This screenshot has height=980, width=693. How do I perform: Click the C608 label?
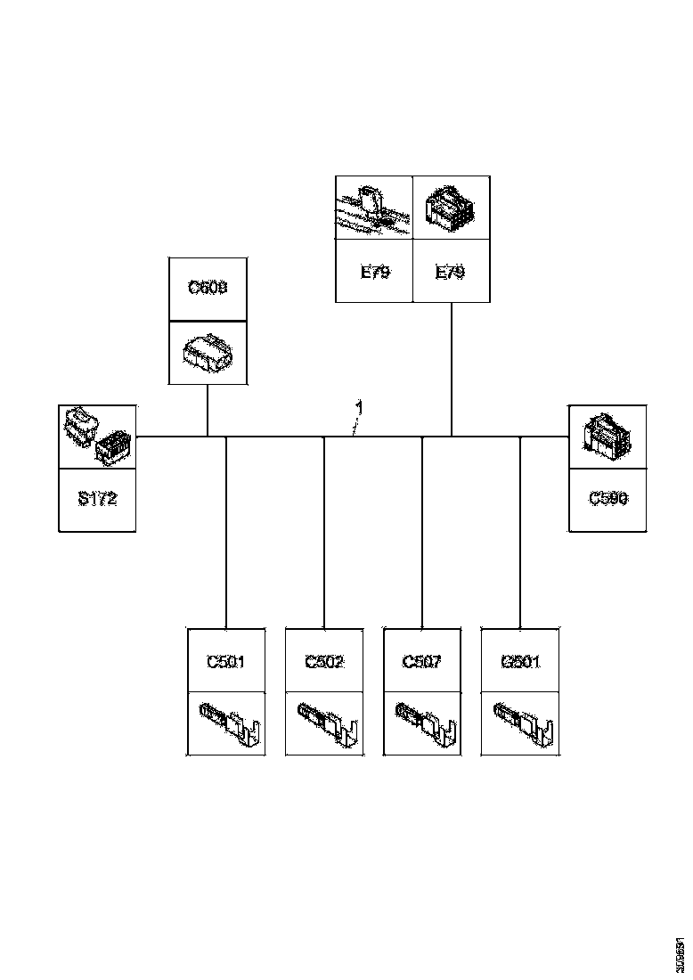pos(207,289)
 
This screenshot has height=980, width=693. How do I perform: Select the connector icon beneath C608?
pos(207,354)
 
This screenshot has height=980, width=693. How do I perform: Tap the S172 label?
pos(97,499)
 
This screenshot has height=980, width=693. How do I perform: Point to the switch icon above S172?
pos(97,437)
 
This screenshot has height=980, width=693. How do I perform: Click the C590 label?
pos(607,499)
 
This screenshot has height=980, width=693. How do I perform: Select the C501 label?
pos(225,661)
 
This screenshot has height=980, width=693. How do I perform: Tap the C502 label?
pos(323,661)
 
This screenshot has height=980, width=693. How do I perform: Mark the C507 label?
pos(421,661)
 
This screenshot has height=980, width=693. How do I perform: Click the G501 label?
pos(520,661)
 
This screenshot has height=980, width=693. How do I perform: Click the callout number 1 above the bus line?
pos(358,407)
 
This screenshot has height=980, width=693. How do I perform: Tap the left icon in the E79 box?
pos(373,208)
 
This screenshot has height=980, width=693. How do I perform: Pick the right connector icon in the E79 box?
pos(451,208)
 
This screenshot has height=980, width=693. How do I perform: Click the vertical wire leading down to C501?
pos(226,535)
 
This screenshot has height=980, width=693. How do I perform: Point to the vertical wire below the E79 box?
pos(452,370)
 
